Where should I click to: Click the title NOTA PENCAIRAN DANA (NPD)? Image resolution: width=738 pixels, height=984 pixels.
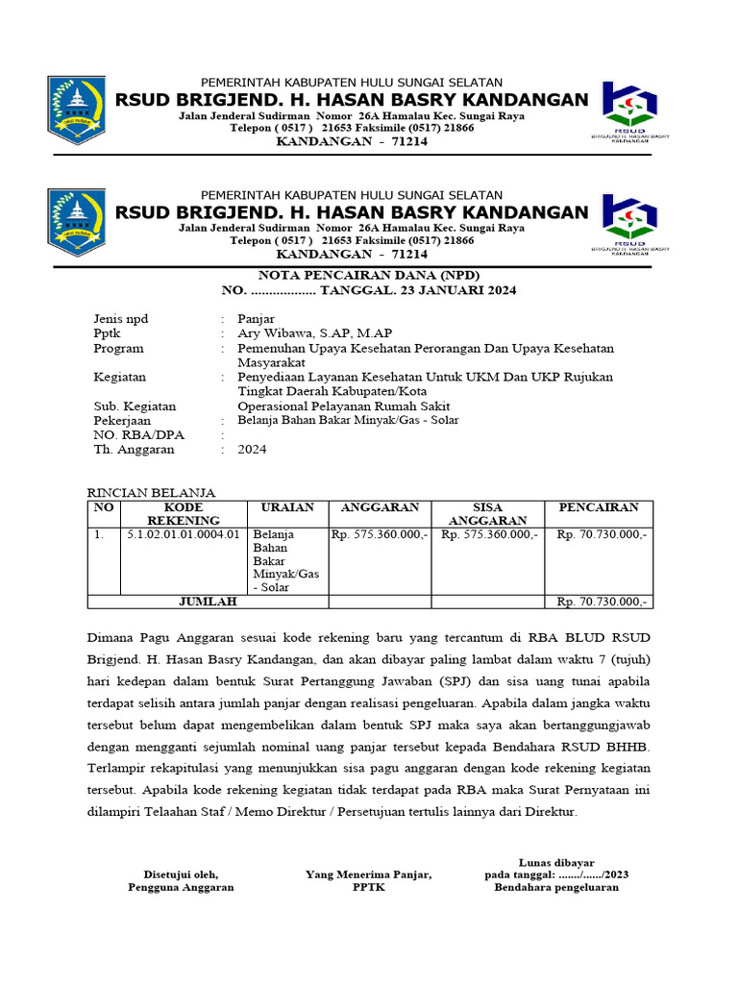[x=369, y=273]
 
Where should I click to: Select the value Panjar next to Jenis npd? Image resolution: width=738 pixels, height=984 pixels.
[x=256, y=319]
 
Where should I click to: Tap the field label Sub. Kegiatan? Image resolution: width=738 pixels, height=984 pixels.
[x=135, y=406]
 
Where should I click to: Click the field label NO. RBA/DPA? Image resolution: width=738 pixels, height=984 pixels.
[x=138, y=434]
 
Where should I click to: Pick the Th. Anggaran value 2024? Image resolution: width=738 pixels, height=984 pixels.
[x=252, y=449]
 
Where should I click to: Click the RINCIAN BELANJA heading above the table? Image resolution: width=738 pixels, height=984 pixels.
[x=152, y=492]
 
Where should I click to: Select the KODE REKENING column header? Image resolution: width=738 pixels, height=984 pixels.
[x=183, y=513]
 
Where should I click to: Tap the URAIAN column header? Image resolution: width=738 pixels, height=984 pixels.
[x=281, y=506]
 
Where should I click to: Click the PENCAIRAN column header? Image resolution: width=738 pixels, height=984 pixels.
[x=598, y=506]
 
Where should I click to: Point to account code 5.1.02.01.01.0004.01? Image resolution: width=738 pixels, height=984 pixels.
[x=183, y=533]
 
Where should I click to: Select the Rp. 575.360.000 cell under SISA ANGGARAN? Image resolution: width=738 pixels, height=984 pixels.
[x=488, y=533]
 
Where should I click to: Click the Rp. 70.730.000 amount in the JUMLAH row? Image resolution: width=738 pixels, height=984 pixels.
[x=603, y=602]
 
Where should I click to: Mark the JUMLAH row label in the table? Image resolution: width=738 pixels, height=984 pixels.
[x=208, y=602]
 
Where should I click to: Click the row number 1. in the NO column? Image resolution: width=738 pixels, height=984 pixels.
[x=99, y=533]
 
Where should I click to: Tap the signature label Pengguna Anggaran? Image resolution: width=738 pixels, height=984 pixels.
[x=181, y=887]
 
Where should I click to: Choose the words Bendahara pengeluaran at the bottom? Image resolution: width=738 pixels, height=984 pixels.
[x=556, y=887]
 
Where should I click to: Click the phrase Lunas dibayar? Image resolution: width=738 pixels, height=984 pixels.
[x=556, y=862]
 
